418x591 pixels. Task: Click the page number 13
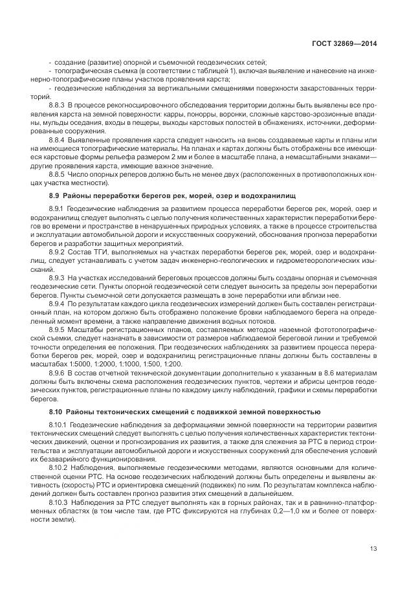373,549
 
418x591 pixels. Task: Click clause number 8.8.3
59,104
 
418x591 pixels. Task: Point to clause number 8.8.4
59,140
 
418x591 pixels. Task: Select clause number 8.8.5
59,175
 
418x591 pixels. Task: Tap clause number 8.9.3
59,276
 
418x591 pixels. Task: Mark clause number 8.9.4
59,304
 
